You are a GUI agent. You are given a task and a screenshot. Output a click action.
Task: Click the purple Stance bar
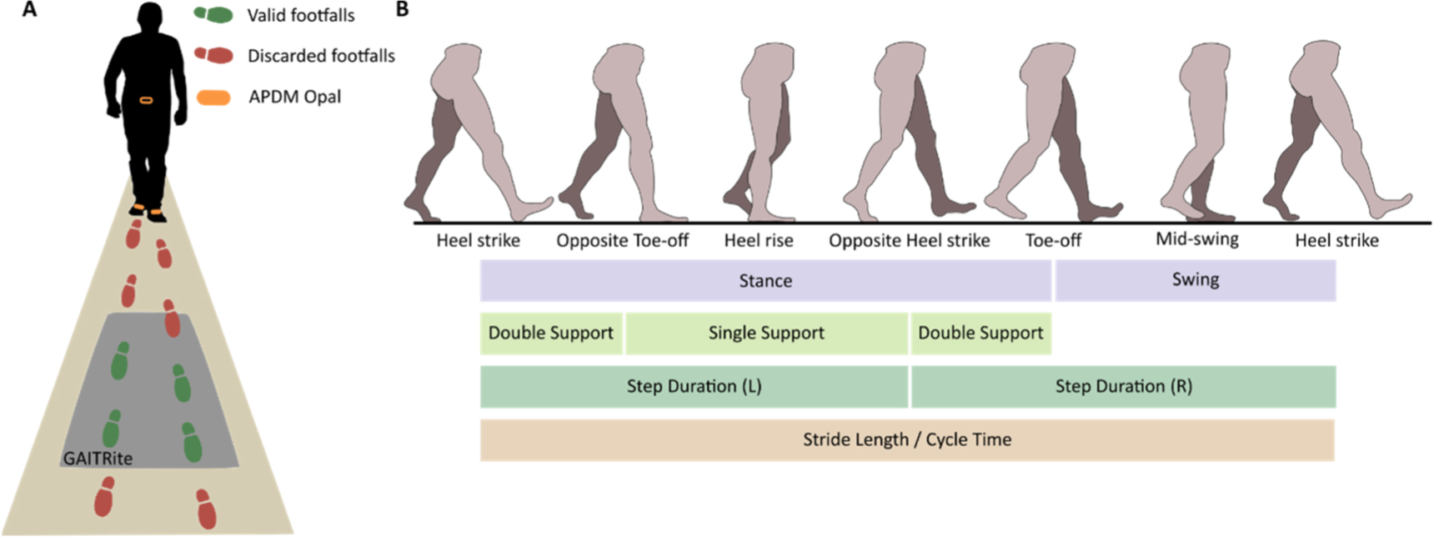click(x=765, y=280)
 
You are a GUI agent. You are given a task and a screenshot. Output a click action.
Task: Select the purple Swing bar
click(x=1196, y=280)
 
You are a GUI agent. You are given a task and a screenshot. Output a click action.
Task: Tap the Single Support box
click(x=766, y=334)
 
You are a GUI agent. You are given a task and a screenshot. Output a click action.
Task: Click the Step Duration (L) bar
click(x=694, y=387)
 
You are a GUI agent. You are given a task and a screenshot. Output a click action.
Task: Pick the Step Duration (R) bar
click(x=1124, y=387)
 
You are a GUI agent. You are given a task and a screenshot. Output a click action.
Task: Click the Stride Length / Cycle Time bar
click(x=907, y=440)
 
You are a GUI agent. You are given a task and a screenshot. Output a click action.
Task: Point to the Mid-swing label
click(x=1196, y=239)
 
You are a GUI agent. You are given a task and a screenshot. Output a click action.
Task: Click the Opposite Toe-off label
click(x=622, y=241)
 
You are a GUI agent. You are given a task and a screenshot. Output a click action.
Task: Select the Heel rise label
click(x=759, y=241)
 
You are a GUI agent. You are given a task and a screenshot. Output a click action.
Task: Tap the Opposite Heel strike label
click(x=909, y=241)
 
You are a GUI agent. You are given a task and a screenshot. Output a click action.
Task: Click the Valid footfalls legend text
click(x=301, y=15)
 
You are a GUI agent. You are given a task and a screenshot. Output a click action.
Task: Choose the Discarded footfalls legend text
click(x=321, y=56)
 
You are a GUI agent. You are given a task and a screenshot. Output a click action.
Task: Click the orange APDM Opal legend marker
click(x=213, y=98)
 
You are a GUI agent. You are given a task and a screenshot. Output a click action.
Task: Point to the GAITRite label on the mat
click(x=98, y=459)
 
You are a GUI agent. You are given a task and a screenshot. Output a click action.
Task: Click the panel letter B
click(x=403, y=10)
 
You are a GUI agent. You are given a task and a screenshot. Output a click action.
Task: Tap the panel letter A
click(x=29, y=10)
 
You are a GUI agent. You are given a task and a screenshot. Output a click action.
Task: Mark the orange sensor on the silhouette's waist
click(x=146, y=101)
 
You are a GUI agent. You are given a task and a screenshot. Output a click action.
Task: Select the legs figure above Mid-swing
click(x=1197, y=133)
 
